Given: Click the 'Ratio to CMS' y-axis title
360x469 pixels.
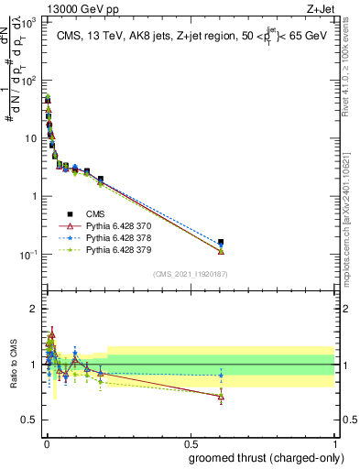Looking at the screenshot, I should coord(13,376).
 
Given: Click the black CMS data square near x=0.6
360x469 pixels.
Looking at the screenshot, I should coord(221,242).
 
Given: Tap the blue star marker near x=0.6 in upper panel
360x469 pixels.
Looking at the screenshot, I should coord(221,245).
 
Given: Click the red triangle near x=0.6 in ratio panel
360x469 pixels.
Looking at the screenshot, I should coord(221,397).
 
